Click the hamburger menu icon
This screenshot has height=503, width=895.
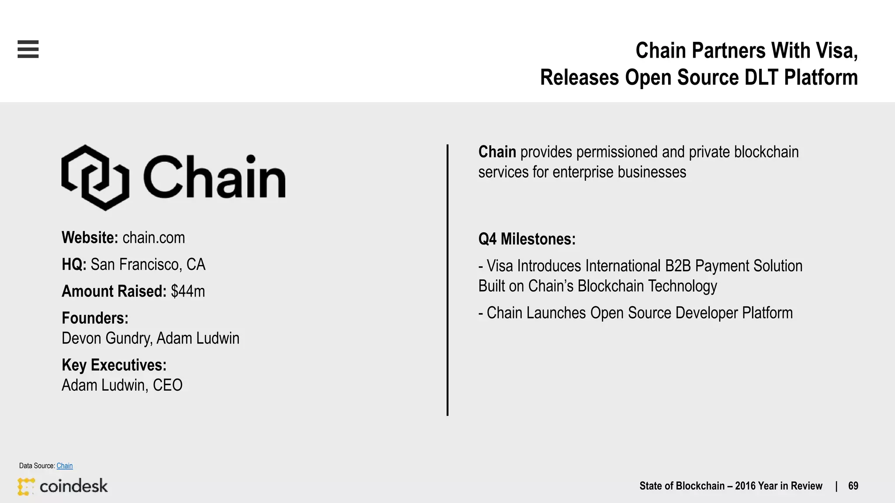[x=28, y=49]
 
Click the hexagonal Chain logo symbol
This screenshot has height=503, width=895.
[x=95, y=177]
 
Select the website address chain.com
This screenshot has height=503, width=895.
[x=154, y=238]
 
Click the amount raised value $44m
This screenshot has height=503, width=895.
[x=188, y=291]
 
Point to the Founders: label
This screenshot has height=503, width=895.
[x=95, y=318]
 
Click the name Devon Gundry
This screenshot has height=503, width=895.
[x=107, y=338]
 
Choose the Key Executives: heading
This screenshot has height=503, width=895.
[x=114, y=365]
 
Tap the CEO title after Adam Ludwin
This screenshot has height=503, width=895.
[x=167, y=386]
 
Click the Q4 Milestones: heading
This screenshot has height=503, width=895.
[x=527, y=239]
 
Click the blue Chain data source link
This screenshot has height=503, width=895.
[x=65, y=466]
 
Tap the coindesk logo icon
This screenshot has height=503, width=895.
[x=26, y=486]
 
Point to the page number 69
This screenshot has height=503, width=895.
[x=853, y=486]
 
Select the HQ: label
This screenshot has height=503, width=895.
[x=74, y=265]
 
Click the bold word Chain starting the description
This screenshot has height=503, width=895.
[x=497, y=152]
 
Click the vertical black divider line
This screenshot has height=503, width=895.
[x=447, y=279]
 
